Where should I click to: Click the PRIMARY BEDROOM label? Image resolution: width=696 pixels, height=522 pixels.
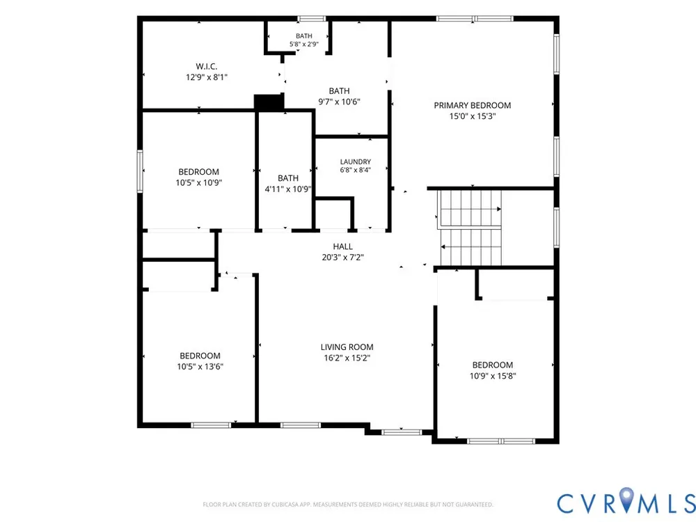click(473, 105)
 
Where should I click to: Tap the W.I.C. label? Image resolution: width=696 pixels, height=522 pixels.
click(207, 67)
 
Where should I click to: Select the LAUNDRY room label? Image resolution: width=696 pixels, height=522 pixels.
click(356, 162)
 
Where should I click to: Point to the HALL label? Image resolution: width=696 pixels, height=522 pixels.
click(342, 246)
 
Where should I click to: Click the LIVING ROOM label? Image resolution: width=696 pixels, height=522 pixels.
click(347, 347)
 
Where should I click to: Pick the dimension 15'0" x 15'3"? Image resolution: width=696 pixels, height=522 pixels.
click(473, 116)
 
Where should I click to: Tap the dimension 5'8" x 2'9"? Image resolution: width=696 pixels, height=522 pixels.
click(304, 44)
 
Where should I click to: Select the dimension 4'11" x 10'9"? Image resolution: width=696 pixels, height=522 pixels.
click(288, 189)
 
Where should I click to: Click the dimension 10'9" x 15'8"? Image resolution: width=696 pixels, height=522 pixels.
click(493, 376)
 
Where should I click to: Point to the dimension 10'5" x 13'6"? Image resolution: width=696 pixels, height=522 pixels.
click(200, 367)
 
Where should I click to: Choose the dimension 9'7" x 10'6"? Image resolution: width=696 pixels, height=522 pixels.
click(339, 102)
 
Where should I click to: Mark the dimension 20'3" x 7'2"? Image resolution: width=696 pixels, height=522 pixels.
click(342, 257)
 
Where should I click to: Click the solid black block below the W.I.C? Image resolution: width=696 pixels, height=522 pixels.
click(269, 102)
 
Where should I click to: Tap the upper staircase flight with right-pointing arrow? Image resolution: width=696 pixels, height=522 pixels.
click(469, 209)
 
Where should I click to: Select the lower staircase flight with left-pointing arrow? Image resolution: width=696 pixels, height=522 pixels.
click(471, 247)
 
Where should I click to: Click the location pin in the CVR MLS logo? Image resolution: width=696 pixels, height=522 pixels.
click(627, 499)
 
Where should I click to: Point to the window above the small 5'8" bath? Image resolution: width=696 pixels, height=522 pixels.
click(312, 19)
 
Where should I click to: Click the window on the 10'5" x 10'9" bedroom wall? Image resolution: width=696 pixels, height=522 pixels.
click(140, 171)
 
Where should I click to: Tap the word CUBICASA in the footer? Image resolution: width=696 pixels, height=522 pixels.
click(289, 505)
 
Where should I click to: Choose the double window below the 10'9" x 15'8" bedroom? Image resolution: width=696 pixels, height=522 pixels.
click(501, 441)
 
